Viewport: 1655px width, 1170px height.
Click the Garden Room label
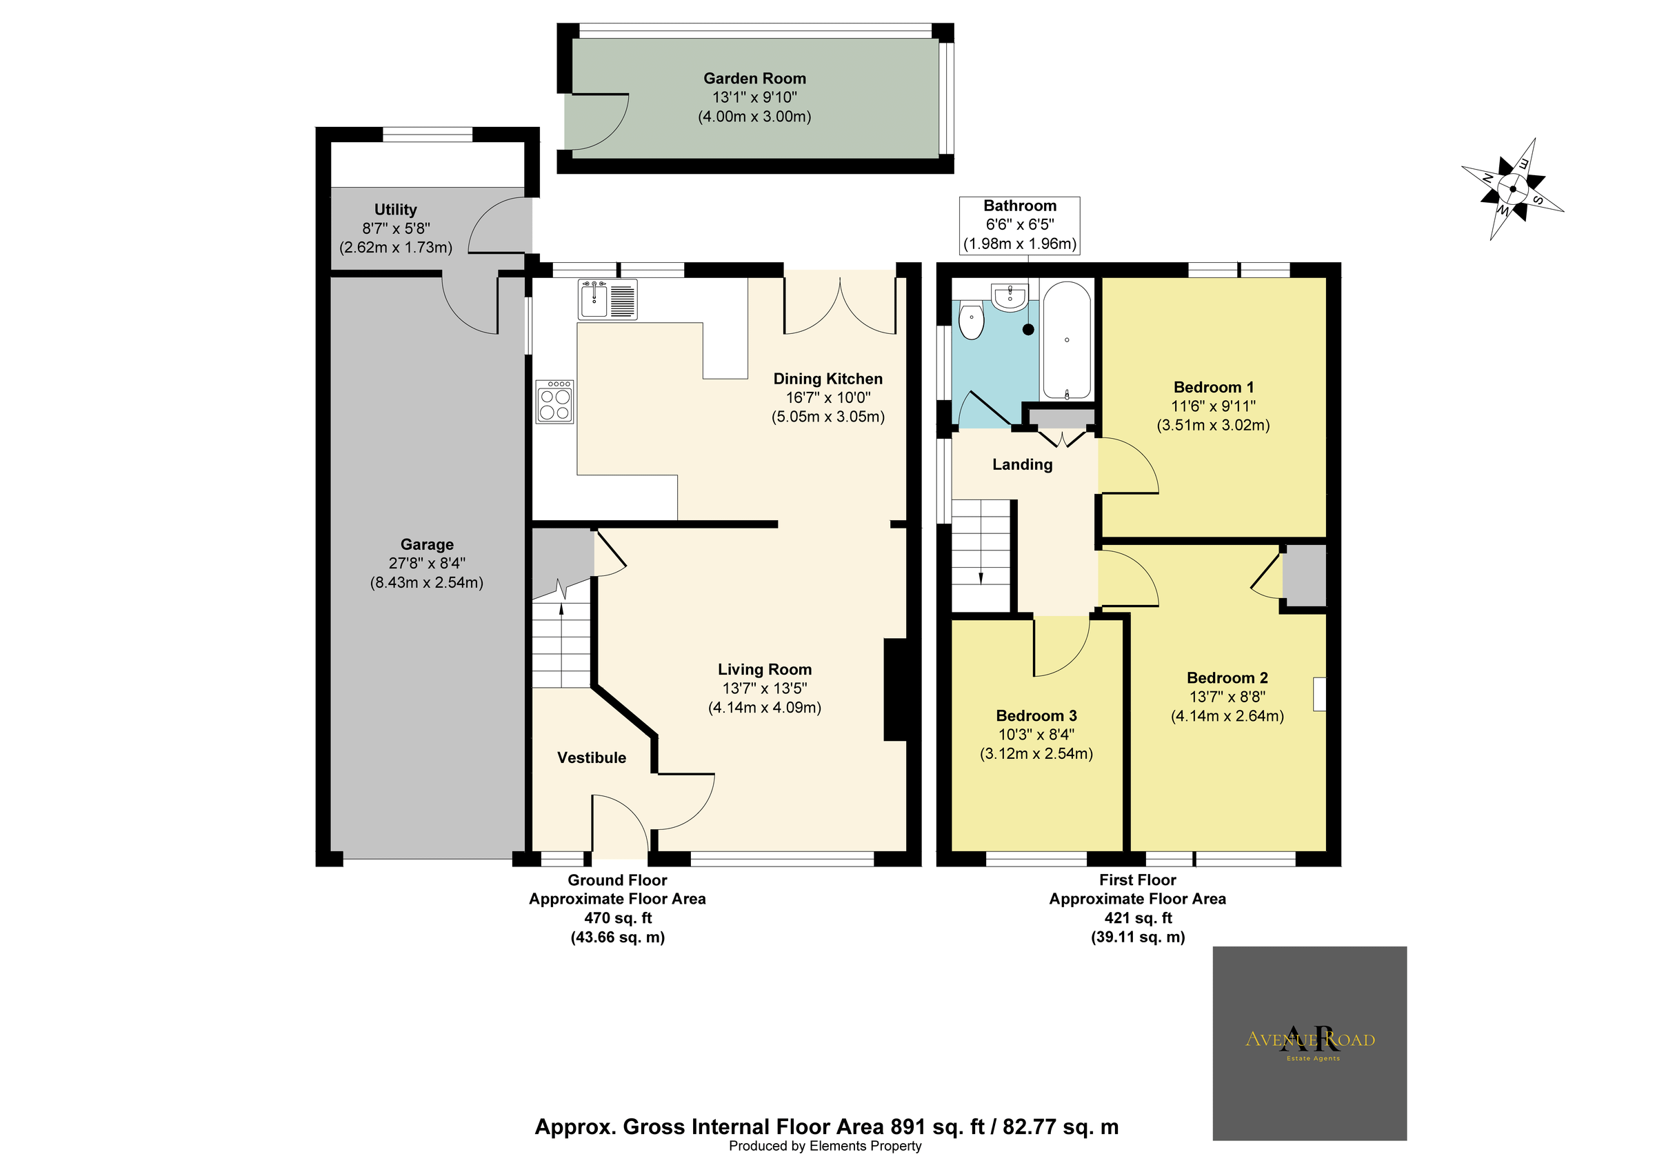tap(754, 79)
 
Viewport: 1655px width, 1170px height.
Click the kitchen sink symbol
tap(607, 300)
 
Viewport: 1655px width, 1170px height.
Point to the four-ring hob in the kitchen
tap(555, 402)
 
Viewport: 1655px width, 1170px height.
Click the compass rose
tap(1512, 190)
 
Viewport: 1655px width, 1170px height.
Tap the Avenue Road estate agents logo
tap(1310, 1042)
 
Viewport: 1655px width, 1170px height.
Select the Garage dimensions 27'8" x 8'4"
tap(427, 564)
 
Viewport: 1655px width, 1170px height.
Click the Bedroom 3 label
tap(1036, 716)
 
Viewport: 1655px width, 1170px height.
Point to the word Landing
tap(1022, 465)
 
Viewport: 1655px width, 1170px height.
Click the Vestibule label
tap(591, 757)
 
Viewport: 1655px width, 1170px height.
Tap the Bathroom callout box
tap(1019, 225)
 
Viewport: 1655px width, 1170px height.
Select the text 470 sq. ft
tap(618, 918)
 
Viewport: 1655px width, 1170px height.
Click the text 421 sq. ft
tap(1137, 918)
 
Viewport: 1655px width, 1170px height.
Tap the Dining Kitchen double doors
tap(841, 306)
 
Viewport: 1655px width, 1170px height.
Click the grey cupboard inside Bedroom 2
tap(1305, 575)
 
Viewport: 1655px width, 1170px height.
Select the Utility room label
tap(395, 210)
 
